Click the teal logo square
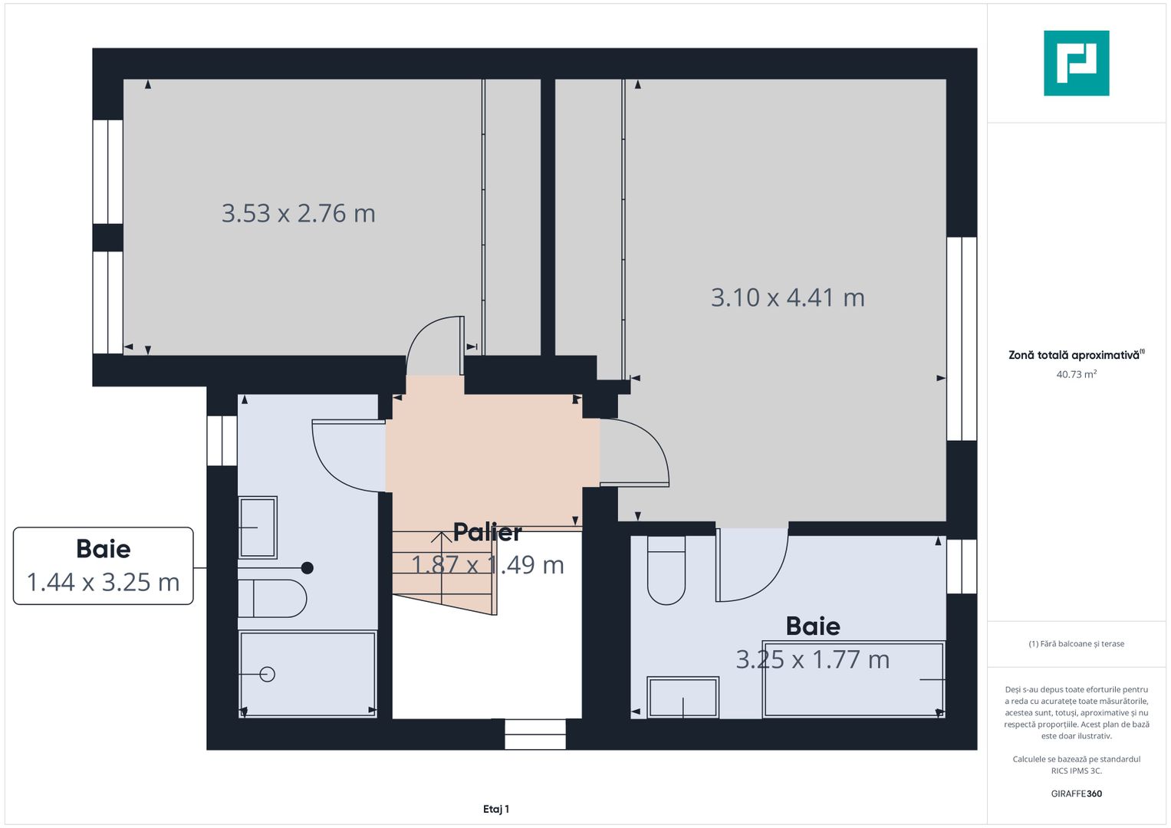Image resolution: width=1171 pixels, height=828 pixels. pyautogui.click(x=1077, y=63)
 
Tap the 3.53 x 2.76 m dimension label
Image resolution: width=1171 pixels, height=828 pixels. pyautogui.click(x=298, y=213)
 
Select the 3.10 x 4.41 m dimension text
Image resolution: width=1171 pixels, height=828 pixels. pyautogui.click(x=788, y=297)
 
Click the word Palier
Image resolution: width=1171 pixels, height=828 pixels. pyautogui.click(x=487, y=532)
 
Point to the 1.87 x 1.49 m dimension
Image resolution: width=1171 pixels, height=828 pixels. pyautogui.click(x=488, y=564)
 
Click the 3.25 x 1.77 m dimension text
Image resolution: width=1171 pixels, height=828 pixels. pyautogui.click(x=813, y=659)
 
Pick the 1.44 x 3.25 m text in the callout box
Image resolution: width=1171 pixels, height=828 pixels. pyautogui.click(x=103, y=583)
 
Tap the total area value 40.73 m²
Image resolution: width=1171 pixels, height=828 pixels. pyautogui.click(x=1077, y=374)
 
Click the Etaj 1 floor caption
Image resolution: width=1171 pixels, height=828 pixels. pyautogui.click(x=496, y=809)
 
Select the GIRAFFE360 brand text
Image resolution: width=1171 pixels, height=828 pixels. pyautogui.click(x=1077, y=793)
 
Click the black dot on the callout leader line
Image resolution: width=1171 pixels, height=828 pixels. pyautogui.click(x=308, y=567)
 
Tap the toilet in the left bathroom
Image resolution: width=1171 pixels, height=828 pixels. pyautogui.click(x=272, y=599)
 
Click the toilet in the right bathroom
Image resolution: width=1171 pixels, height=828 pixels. pyautogui.click(x=666, y=570)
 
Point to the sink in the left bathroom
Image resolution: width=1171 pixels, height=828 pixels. pyautogui.click(x=258, y=527)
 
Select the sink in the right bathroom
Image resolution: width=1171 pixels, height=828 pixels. pyautogui.click(x=683, y=698)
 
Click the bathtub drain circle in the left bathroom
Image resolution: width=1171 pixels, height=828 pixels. pyautogui.click(x=267, y=675)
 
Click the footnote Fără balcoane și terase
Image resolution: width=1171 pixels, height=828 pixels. pyautogui.click(x=1077, y=644)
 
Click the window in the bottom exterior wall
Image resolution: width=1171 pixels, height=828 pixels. pyautogui.click(x=535, y=734)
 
